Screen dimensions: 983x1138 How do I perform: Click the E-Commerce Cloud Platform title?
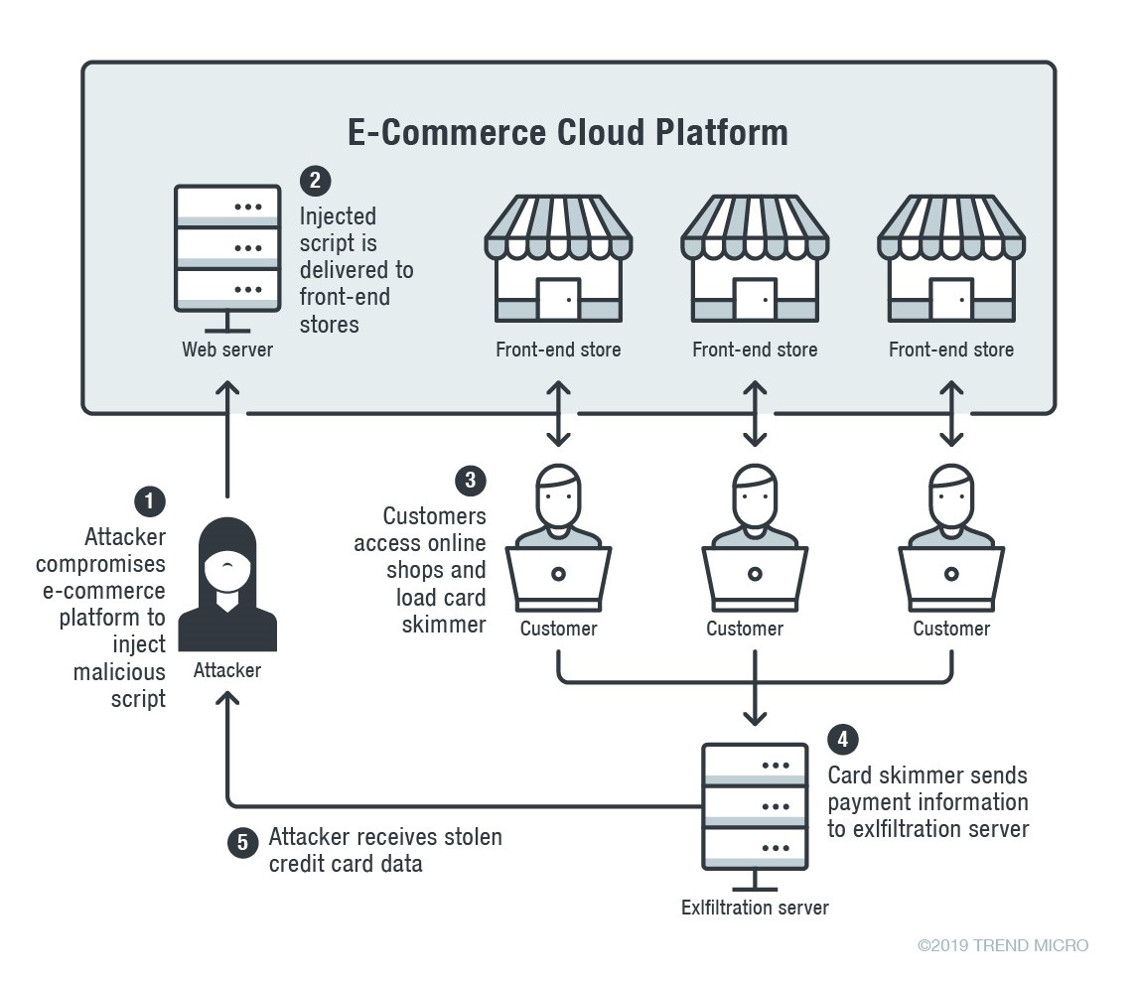tap(567, 132)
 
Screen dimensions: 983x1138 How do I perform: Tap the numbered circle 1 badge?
tap(149, 501)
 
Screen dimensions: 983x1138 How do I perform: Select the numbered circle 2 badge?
tap(314, 181)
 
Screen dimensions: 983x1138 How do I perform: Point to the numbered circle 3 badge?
tap(470, 481)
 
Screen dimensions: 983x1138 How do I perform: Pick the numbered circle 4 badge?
tap(843, 739)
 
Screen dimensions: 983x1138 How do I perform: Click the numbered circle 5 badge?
tap(242, 843)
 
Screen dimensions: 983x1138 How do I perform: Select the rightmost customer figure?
tap(951, 536)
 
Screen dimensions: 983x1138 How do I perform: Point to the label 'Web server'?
tap(227, 350)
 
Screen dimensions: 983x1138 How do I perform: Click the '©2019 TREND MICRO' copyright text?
tap(1003, 945)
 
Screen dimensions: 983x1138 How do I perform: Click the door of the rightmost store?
tap(951, 298)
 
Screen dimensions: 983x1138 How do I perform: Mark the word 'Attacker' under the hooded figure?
tap(227, 670)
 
